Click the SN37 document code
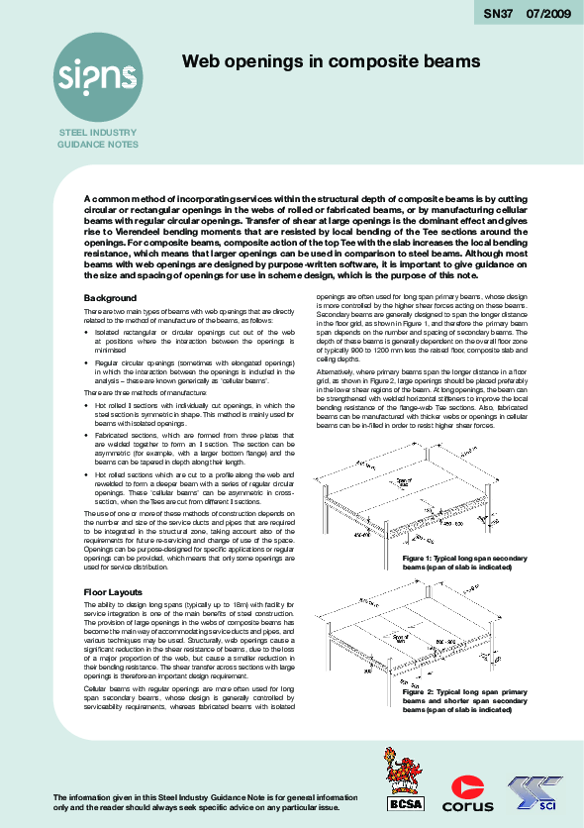tap(499, 14)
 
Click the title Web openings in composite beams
tap(331, 61)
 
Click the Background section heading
tap(110, 298)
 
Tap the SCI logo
tap(539, 791)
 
